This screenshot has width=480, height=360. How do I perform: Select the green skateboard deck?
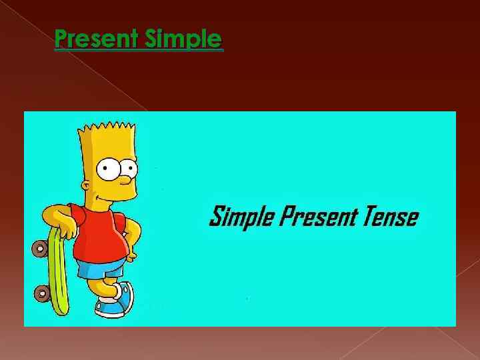(59, 273)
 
